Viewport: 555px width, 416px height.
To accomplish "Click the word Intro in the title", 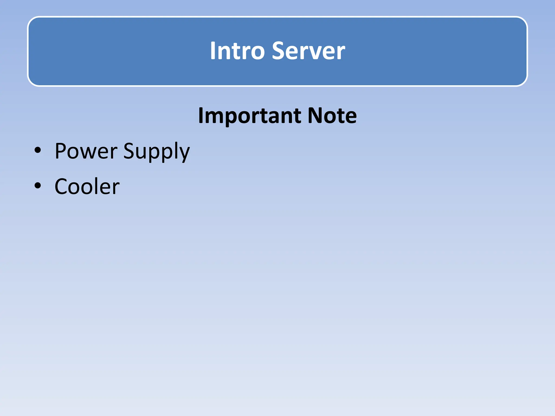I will (x=237, y=51).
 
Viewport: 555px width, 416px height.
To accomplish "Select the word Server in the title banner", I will (x=308, y=51).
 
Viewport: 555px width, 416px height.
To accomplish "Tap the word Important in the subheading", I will (x=249, y=116).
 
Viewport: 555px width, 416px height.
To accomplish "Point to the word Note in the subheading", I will (x=332, y=116).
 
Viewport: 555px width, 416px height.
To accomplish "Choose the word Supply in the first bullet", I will (x=156, y=152).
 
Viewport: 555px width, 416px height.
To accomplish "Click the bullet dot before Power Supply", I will (x=38, y=150).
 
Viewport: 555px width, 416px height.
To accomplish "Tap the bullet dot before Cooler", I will (x=38, y=186).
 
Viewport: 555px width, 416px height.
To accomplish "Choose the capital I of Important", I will (x=201, y=116).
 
